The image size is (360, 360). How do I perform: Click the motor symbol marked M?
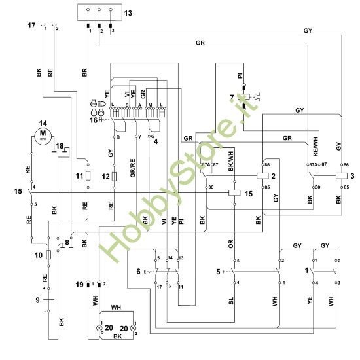44,135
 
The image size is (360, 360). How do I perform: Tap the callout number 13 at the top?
127,12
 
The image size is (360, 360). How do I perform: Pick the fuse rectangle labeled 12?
115,176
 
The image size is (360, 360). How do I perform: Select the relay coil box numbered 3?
340,177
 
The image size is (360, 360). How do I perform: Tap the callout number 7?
232,98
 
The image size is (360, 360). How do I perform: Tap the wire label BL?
232,303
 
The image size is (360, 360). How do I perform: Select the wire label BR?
84,73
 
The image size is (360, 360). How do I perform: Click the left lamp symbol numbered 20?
100,325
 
